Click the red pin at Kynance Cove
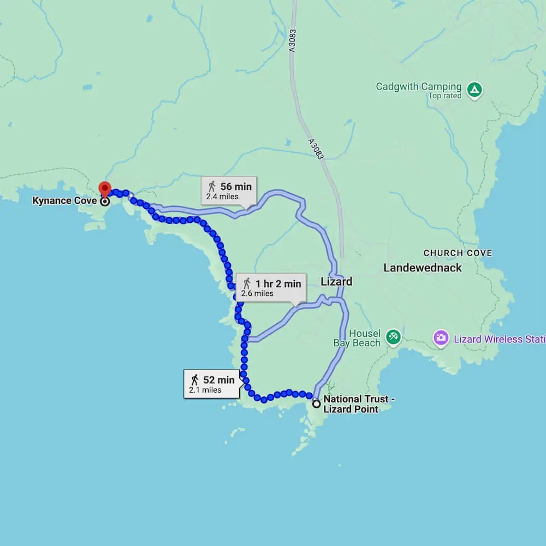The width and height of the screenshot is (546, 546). pyautogui.click(x=104, y=189)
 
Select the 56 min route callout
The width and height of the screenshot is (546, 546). pyautogui.click(x=229, y=191)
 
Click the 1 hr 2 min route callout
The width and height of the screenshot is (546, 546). pyautogui.click(x=271, y=287)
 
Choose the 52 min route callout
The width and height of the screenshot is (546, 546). pyautogui.click(x=212, y=384)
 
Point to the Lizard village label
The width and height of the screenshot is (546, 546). pyautogui.click(x=336, y=282)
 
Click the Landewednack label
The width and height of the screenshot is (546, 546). pyautogui.click(x=423, y=268)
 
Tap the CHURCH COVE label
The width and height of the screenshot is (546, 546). pyautogui.click(x=458, y=253)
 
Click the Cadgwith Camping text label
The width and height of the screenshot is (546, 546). pyautogui.click(x=418, y=87)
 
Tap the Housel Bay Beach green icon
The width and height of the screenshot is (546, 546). pyautogui.click(x=393, y=337)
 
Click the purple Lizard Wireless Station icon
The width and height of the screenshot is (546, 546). pyautogui.click(x=441, y=339)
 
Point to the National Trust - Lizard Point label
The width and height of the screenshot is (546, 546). pyautogui.click(x=359, y=404)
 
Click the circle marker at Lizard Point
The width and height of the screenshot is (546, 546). pyautogui.click(x=317, y=405)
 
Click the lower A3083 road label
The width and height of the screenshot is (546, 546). pyautogui.click(x=316, y=149)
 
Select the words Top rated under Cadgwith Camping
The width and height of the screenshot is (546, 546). pyautogui.click(x=444, y=96)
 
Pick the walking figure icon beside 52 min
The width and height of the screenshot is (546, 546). pyautogui.click(x=194, y=379)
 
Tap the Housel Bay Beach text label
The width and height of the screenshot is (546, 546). pyautogui.click(x=357, y=338)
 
